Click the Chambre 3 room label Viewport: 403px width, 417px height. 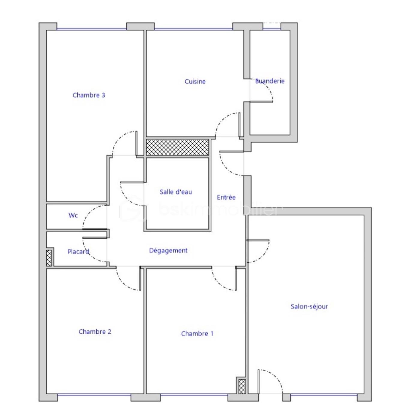pos(89,95)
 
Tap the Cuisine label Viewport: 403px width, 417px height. pos(195,82)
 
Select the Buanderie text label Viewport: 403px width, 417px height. pos(270,81)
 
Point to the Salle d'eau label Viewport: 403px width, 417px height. pos(176,192)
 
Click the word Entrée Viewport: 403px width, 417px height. pos(226,197)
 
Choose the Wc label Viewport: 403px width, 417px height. pos(73,215)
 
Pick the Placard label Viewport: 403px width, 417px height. pos(78,252)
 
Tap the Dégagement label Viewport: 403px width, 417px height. pos(168,250)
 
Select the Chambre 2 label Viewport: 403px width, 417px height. pos(95,332)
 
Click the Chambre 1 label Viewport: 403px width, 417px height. pos(197,333)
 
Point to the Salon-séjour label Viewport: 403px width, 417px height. pos(309,306)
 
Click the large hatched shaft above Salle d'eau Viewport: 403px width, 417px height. pos(177,147)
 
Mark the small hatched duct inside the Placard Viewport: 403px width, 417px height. pos(49,258)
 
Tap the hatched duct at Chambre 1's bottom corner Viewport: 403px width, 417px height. pos(242,386)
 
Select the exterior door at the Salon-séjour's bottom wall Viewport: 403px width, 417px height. pos(270,381)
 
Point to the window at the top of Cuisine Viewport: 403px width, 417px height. pos(194,29)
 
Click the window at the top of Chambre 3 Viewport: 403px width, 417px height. pos(92,29)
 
